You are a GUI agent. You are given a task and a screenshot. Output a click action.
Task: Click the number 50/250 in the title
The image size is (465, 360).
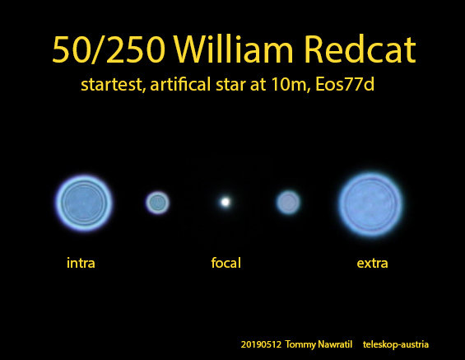[109, 49]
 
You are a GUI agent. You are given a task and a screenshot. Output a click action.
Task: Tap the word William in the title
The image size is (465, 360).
[234, 49]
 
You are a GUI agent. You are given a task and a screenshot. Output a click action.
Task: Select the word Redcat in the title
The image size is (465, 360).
[360, 49]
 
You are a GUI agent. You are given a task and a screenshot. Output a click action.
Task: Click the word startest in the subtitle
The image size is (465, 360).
[114, 85]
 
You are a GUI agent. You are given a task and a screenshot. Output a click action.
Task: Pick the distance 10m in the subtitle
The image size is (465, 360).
[290, 84]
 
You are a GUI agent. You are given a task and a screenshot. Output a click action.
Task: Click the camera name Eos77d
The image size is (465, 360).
[345, 84]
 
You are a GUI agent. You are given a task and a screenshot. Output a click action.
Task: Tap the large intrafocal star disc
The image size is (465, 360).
[84, 203]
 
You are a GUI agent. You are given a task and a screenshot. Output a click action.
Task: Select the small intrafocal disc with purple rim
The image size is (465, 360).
[157, 203]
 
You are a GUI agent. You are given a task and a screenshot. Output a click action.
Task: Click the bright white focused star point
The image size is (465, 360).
[226, 202]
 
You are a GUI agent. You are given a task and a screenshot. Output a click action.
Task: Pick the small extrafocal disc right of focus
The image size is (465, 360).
[288, 203]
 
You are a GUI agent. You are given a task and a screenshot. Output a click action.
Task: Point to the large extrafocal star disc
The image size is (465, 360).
[370, 204]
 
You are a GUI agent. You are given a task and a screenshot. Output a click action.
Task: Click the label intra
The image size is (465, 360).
[81, 263]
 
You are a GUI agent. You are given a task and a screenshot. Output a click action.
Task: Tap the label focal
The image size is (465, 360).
[226, 263]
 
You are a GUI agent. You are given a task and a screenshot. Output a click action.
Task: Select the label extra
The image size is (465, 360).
[373, 264]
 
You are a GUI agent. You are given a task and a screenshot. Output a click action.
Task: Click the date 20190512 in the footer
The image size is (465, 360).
[261, 344]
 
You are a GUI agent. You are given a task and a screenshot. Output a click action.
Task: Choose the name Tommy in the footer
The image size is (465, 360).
[300, 345]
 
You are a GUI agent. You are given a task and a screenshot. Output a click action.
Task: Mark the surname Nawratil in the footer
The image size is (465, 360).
[335, 344]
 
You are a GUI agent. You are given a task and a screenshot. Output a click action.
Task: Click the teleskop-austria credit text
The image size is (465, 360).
[396, 344]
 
